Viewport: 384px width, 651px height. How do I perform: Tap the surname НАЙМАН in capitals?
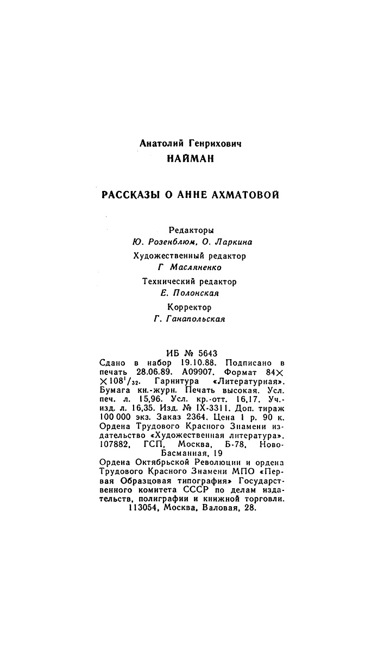(x=190, y=159)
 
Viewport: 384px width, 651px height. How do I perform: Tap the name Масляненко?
(x=196, y=267)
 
